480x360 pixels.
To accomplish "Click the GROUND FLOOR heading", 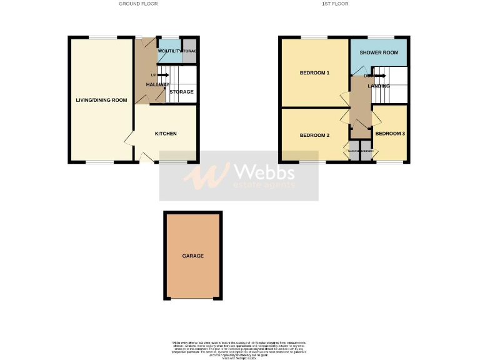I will coord(138,4).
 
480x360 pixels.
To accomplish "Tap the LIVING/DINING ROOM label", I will coord(101,100).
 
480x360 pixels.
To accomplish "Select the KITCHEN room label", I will coord(166,134).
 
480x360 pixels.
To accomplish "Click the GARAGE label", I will coord(192,256).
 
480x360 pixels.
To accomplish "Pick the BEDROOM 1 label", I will coord(314,73).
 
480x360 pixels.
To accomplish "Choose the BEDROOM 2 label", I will coord(314,136).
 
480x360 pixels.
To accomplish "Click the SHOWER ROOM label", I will coord(379,53).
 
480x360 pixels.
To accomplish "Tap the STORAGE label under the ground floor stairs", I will coord(181,92).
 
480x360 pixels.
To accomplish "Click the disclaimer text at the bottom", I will coord(240,347).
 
